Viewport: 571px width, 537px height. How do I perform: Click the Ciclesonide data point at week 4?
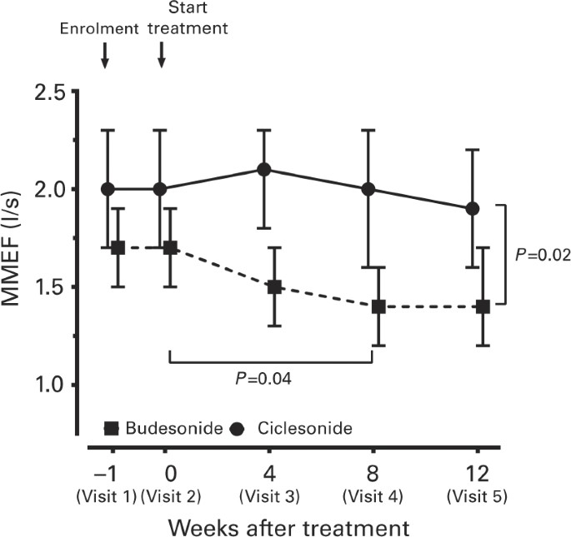(263, 169)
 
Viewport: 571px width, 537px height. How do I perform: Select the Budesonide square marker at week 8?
(378, 306)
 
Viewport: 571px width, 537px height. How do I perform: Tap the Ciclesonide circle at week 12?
(473, 208)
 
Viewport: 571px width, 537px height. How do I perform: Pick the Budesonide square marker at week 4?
(274, 286)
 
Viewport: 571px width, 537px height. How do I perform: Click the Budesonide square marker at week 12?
(483, 306)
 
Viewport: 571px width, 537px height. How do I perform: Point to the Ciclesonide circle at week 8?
(368, 189)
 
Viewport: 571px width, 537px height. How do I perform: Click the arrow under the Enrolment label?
(104, 56)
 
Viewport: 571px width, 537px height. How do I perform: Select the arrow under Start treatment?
(162, 56)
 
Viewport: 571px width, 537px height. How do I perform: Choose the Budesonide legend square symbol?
(111, 429)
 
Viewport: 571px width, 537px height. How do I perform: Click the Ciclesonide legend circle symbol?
(238, 429)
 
